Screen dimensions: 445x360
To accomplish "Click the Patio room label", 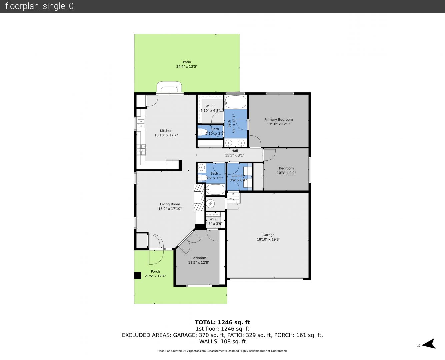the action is coord(187,62).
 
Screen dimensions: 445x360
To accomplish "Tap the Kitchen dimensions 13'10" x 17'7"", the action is coord(166,135).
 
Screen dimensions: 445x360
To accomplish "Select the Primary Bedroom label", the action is coord(278,120).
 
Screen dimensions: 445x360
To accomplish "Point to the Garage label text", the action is coord(268,235).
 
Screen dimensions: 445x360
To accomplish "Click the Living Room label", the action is coord(170,204).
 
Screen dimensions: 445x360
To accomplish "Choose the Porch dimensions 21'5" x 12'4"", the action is coord(155,276).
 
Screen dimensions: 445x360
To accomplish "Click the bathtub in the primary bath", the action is coord(236,102).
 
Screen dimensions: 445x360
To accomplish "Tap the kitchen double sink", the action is coord(141,123).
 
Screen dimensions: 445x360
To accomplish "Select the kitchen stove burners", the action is coord(141,150).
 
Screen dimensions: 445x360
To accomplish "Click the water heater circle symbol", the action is coord(210,203).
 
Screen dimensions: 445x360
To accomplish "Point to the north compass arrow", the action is coord(429,344).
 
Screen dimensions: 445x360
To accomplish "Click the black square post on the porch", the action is coord(138,275).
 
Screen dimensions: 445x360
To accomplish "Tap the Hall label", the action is coord(235,151).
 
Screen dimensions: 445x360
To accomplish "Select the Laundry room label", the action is coord(238,176).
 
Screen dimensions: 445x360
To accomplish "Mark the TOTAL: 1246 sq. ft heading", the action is coord(222,322).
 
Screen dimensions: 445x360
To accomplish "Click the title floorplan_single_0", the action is coord(39,6).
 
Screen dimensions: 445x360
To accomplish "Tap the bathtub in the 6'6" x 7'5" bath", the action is coord(215,190).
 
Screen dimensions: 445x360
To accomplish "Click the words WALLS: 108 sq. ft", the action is coord(222,342).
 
